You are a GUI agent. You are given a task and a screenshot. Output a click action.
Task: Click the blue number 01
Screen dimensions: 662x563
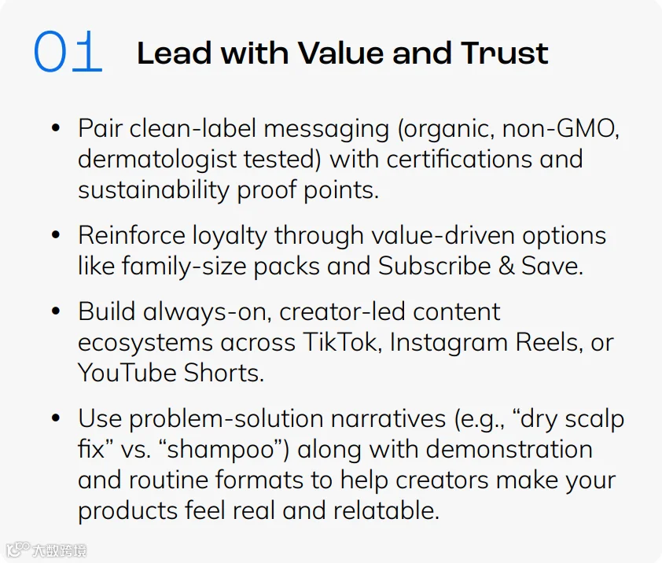point(68,51)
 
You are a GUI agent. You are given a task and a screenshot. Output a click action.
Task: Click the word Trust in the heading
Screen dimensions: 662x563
point(505,53)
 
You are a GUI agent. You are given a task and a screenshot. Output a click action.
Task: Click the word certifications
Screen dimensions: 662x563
point(459,159)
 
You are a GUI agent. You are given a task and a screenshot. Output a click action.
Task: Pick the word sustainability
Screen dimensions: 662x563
point(153,190)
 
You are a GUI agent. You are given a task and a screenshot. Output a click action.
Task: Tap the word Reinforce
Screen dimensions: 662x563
point(132,235)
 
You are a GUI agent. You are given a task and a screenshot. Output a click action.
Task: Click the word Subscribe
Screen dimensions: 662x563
point(435,266)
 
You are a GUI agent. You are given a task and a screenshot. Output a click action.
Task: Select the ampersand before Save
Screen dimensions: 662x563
point(506,267)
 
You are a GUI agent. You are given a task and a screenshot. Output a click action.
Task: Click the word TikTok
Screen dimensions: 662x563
point(340,342)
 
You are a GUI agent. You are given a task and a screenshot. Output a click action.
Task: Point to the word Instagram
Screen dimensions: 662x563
point(448,343)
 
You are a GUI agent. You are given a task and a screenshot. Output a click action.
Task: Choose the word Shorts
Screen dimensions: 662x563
point(224,373)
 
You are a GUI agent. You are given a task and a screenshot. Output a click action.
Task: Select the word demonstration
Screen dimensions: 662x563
point(509,449)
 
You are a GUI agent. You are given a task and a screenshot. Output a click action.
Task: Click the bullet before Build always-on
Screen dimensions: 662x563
point(56,311)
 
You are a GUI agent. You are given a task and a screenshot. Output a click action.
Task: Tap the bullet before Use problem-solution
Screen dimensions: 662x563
point(56,418)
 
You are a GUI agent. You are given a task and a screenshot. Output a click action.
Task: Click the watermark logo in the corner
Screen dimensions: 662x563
point(46,550)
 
